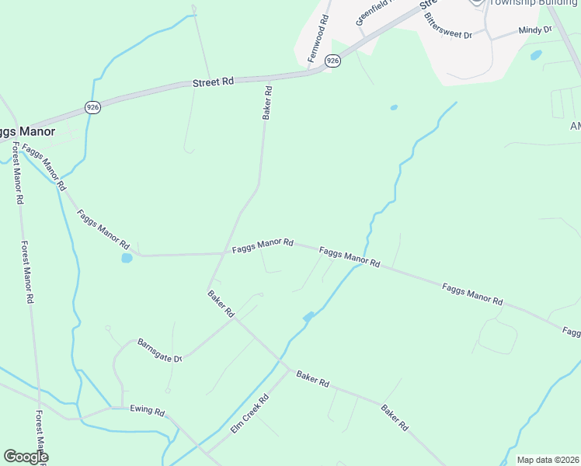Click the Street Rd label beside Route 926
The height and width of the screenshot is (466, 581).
pos(212,81)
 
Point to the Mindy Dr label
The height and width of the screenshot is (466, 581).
pos(534,30)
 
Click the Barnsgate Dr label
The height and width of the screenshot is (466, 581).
pos(159,349)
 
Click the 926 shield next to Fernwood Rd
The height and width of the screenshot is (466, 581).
pos(332,60)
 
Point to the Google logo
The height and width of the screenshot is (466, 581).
pos(26,457)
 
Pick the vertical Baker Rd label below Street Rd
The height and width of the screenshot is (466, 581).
pos(267,103)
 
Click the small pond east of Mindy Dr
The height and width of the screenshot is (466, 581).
pos(535,55)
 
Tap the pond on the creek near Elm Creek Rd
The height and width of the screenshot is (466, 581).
pos(308,316)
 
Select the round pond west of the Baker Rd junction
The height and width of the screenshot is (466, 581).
pos(127,258)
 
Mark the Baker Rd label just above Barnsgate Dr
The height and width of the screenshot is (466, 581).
pos(221,304)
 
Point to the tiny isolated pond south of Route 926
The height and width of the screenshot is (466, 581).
pos(394,107)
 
